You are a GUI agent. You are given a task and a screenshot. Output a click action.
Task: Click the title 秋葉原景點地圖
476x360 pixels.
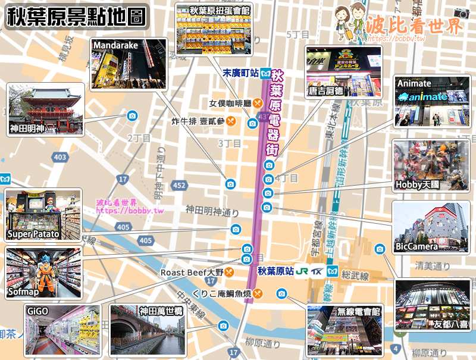pyautogui.click(x=76, y=17)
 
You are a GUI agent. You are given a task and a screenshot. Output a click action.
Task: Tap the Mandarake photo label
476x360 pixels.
pyautogui.click(x=115, y=45)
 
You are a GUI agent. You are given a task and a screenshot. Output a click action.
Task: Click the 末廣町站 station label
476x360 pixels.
pyautogui.click(x=240, y=74)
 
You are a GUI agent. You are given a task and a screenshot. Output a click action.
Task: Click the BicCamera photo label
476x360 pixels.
pyautogui.click(x=416, y=246)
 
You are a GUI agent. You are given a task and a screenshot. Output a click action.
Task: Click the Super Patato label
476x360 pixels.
pyautogui.click(x=33, y=234)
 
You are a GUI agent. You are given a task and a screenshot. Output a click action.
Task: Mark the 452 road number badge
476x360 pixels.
pyautogui.click(x=178, y=186)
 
